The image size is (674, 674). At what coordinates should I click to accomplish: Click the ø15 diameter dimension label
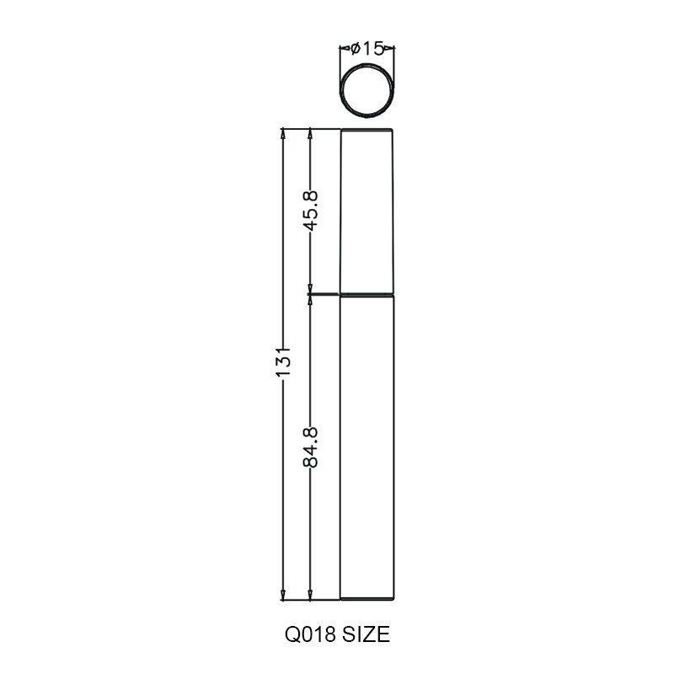[x=366, y=49]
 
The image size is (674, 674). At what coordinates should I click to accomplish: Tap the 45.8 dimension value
[x=310, y=210]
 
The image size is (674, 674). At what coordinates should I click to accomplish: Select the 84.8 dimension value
[x=310, y=447]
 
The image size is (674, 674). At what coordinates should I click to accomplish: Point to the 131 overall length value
[x=283, y=361]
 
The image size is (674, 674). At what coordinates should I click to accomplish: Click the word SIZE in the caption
[x=366, y=634]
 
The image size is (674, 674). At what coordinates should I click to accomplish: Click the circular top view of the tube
[x=366, y=91]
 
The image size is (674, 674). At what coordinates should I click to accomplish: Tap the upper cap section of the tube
[x=366, y=211]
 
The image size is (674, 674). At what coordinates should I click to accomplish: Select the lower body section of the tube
[x=366, y=447]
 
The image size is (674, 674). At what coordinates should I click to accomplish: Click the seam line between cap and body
[x=366, y=295]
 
